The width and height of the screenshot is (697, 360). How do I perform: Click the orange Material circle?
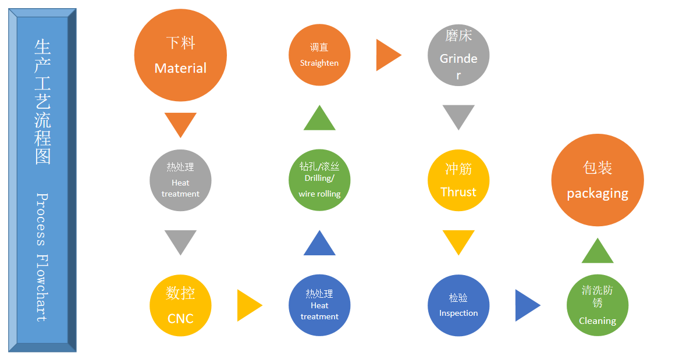pos(180,55)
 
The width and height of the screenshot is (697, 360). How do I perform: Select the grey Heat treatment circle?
pos(180,180)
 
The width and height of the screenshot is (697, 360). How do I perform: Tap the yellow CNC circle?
pos(180,305)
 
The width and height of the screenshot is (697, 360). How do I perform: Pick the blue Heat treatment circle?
pos(319,305)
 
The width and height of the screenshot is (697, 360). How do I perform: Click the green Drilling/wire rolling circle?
pos(319,180)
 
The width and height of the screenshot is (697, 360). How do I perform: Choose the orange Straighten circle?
pos(319,55)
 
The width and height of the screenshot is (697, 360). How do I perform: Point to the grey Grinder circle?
pos(458,55)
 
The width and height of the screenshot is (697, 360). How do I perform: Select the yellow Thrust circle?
pos(458,180)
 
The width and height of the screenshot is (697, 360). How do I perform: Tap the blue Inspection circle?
pos(458,305)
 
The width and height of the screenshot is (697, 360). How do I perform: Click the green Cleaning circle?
pos(598,305)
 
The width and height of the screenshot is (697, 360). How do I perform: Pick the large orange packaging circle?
pos(598,180)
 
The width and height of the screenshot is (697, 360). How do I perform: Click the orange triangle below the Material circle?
pos(180,123)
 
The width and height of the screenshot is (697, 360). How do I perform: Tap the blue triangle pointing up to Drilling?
pos(319,245)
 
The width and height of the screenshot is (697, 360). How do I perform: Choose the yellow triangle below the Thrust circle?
pos(458,241)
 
